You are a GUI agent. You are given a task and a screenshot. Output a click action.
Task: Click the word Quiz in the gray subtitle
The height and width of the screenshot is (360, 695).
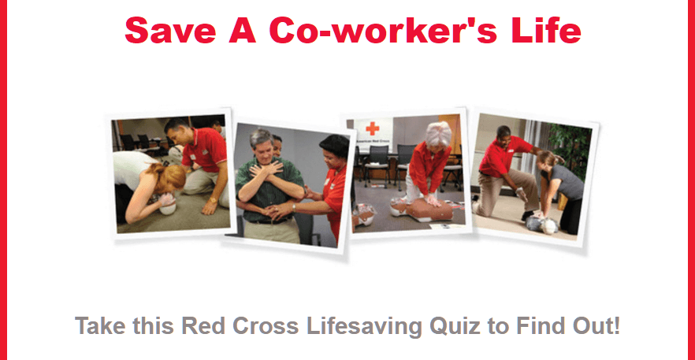click(x=455, y=327)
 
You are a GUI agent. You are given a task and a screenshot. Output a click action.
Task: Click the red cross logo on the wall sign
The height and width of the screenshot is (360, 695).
click(x=373, y=128)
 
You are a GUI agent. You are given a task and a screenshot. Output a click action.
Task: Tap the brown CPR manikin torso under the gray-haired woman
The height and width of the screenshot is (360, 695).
click(x=430, y=210)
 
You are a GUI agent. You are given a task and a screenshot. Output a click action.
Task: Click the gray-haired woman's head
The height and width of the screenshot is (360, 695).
click(x=438, y=135)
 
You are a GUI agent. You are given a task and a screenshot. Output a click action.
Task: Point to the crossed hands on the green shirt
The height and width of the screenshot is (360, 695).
click(x=266, y=169)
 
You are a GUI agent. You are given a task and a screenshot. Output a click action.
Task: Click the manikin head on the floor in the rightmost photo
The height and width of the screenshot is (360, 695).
click(x=548, y=226)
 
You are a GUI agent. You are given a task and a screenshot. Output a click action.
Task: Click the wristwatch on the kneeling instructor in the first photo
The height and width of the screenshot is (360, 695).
click(x=214, y=200)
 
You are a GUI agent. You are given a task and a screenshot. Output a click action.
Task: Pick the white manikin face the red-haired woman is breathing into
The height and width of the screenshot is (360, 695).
click(x=167, y=206)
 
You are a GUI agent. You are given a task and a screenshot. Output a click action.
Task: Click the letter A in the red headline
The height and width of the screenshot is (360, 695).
click(x=242, y=30)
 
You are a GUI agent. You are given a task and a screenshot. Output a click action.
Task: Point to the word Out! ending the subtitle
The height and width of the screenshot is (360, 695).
click(x=594, y=326)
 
